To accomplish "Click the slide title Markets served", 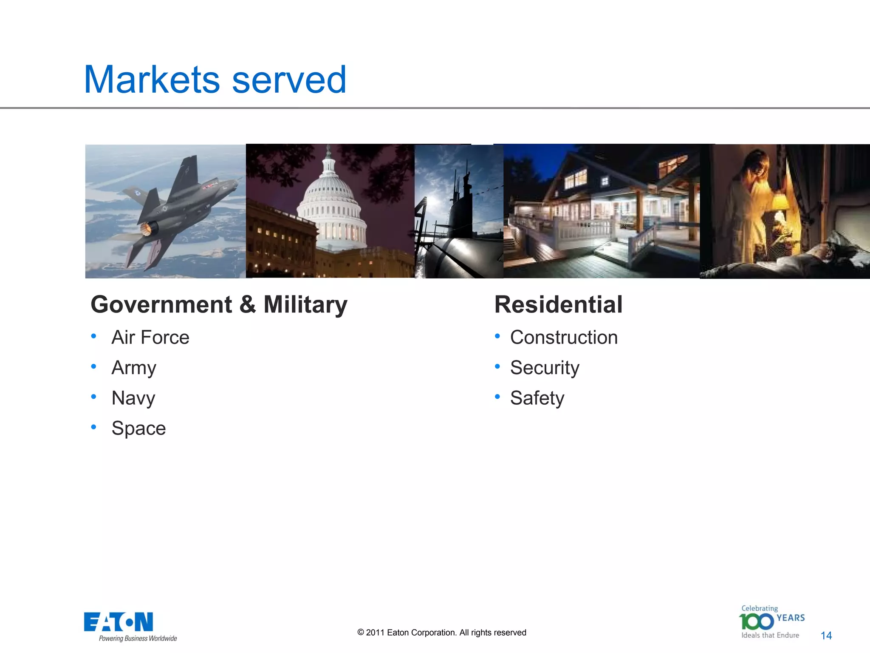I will pyautogui.click(x=215, y=79).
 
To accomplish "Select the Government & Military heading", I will pyautogui.click(x=219, y=304).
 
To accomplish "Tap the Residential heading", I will pyautogui.click(x=558, y=304).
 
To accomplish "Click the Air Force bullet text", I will pyautogui.click(x=150, y=338).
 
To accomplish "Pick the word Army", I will pyautogui.click(x=134, y=368).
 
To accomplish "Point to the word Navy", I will pyautogui.click(x=133, y=398).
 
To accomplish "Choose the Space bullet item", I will pyautogui.click(x=138, y=428).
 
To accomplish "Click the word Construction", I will pyautogui.click(x=564, y=338).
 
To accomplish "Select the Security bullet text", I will pyautogui.click(x=545, y=368).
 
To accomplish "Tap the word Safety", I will pyautogui.click(x=537, y=398).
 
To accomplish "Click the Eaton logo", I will pyautogui.click(x=119, y=622).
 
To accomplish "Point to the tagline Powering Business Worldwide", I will pyautogui.click(x=138, y=639).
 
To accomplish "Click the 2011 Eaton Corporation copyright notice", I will pyautogui.click(x=442, y=633).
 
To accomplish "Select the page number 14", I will pyautogui.click(x=826, y=636).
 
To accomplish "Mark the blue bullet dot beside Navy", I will pyautogui.click(x=93, y=397).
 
